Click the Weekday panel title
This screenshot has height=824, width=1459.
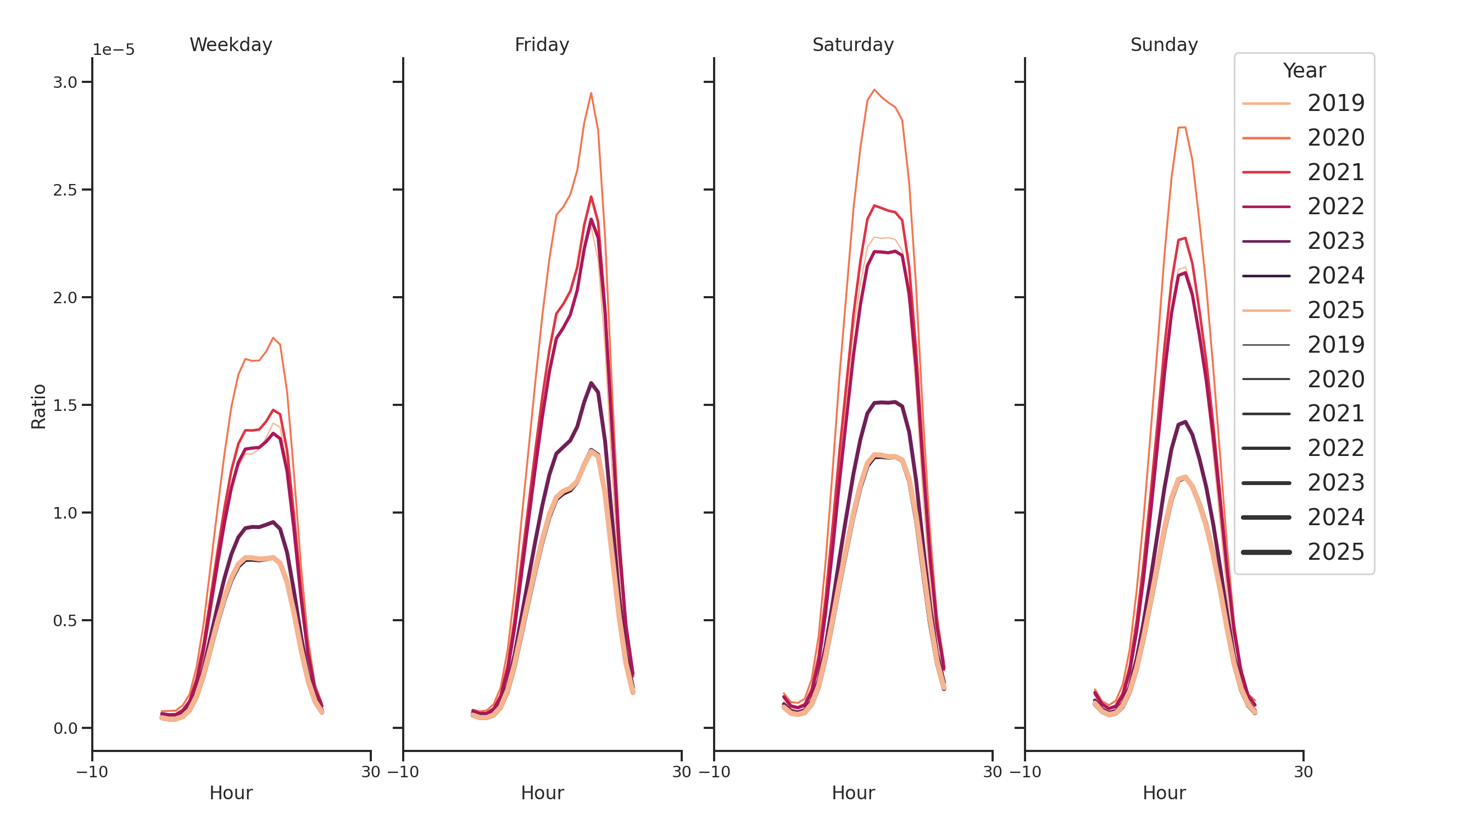tap(231, 44)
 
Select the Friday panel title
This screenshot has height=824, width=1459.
tap(542, 44)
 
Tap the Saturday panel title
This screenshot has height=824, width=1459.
tap(853, 44)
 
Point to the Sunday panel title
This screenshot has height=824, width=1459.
tap(1163, 44)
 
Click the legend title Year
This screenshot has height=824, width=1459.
tap(1304, 71)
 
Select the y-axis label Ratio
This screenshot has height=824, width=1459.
tap(38, 406)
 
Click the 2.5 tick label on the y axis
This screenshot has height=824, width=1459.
tap(65, 190)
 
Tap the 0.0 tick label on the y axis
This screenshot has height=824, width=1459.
tap(65, 728)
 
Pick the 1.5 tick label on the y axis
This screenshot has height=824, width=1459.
tap(65, 405)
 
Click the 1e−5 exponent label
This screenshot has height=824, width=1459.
tap(113, 50)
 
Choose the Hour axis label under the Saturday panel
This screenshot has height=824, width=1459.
tap(853, 793)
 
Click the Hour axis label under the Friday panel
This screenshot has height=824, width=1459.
tap(542, 793)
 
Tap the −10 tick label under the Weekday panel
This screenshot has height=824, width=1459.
tap(92, 772)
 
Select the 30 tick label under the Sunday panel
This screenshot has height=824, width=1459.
tap(1302, 772)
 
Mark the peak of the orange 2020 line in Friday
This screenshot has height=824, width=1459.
tap(591, 93)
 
